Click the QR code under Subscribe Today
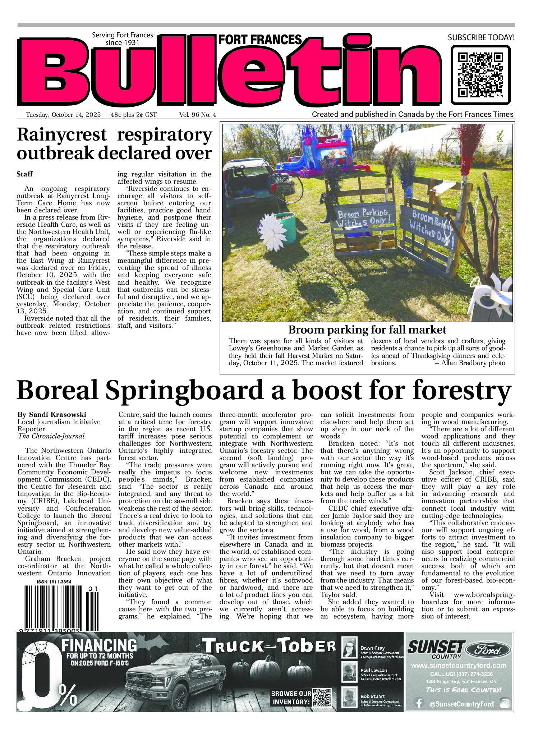point(480,75)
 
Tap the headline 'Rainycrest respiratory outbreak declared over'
point(114,144)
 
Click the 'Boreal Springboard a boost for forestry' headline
point(264,391)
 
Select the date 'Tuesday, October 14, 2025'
point(63,115)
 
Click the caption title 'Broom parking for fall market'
point(367,330)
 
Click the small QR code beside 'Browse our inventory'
point(322,698)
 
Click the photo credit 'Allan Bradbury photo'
point(473,363)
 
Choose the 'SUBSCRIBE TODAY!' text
point(481,37)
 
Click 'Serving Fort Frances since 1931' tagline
point(122,38)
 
